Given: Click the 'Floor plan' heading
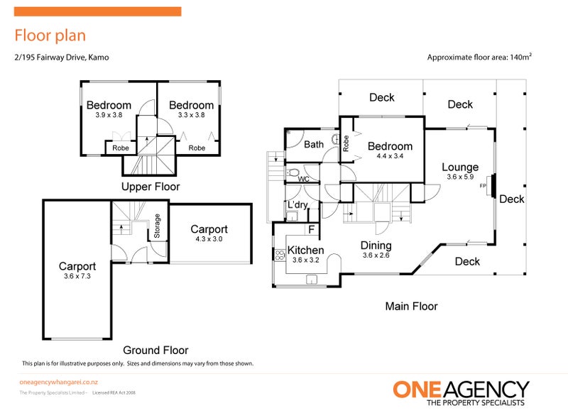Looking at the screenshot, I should [x=50, y=35].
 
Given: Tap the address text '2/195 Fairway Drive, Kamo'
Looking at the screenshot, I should [x=62, y=57].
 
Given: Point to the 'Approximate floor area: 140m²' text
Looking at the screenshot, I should [x=479, y=57].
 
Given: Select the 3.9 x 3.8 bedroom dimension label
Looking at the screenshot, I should [x=109, y=114].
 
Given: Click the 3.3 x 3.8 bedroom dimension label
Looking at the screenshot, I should [x=191, y=114].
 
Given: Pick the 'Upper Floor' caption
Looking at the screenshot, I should [x=151, y=187].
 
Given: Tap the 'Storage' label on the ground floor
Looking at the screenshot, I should [x=158, y=226].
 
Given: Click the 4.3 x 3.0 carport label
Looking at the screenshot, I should [x=209, y=239].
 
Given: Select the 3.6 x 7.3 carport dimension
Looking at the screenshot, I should [x=77, y=277].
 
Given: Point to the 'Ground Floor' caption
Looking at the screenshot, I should [x=155, y=350].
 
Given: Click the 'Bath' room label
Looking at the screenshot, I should [x=314, y=145].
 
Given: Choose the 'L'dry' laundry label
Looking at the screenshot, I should [x=297, y=205].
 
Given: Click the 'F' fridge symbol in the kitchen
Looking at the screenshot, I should [x=310, y=229].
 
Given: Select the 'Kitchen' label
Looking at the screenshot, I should [x=305, y=250].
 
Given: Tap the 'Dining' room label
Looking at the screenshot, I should [x=376, y=246].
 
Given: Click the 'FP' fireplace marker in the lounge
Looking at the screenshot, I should [x=484, y=186].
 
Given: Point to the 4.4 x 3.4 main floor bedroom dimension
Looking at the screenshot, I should [x=390, y=156].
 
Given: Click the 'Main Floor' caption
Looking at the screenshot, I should [x=411, y=307].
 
